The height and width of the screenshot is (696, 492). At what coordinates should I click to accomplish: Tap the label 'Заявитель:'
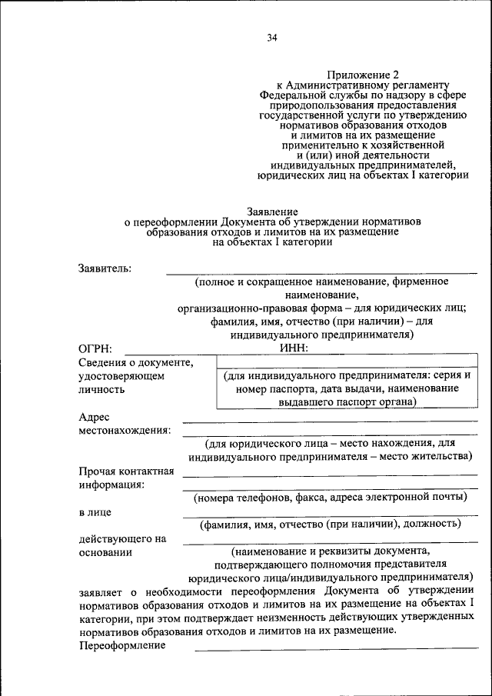pyautogui.click(x=105, y=268)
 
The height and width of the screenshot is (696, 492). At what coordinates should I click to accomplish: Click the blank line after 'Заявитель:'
pyautogui.click(x=321, y=271)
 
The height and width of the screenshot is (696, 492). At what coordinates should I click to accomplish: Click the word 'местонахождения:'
pyautogui.click(x=124, y=430)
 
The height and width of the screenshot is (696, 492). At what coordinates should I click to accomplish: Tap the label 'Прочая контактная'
pyautogui.click(x=126, y=471)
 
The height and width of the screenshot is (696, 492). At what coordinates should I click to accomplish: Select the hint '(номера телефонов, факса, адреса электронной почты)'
pyautogui.click(x=331, y=498)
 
